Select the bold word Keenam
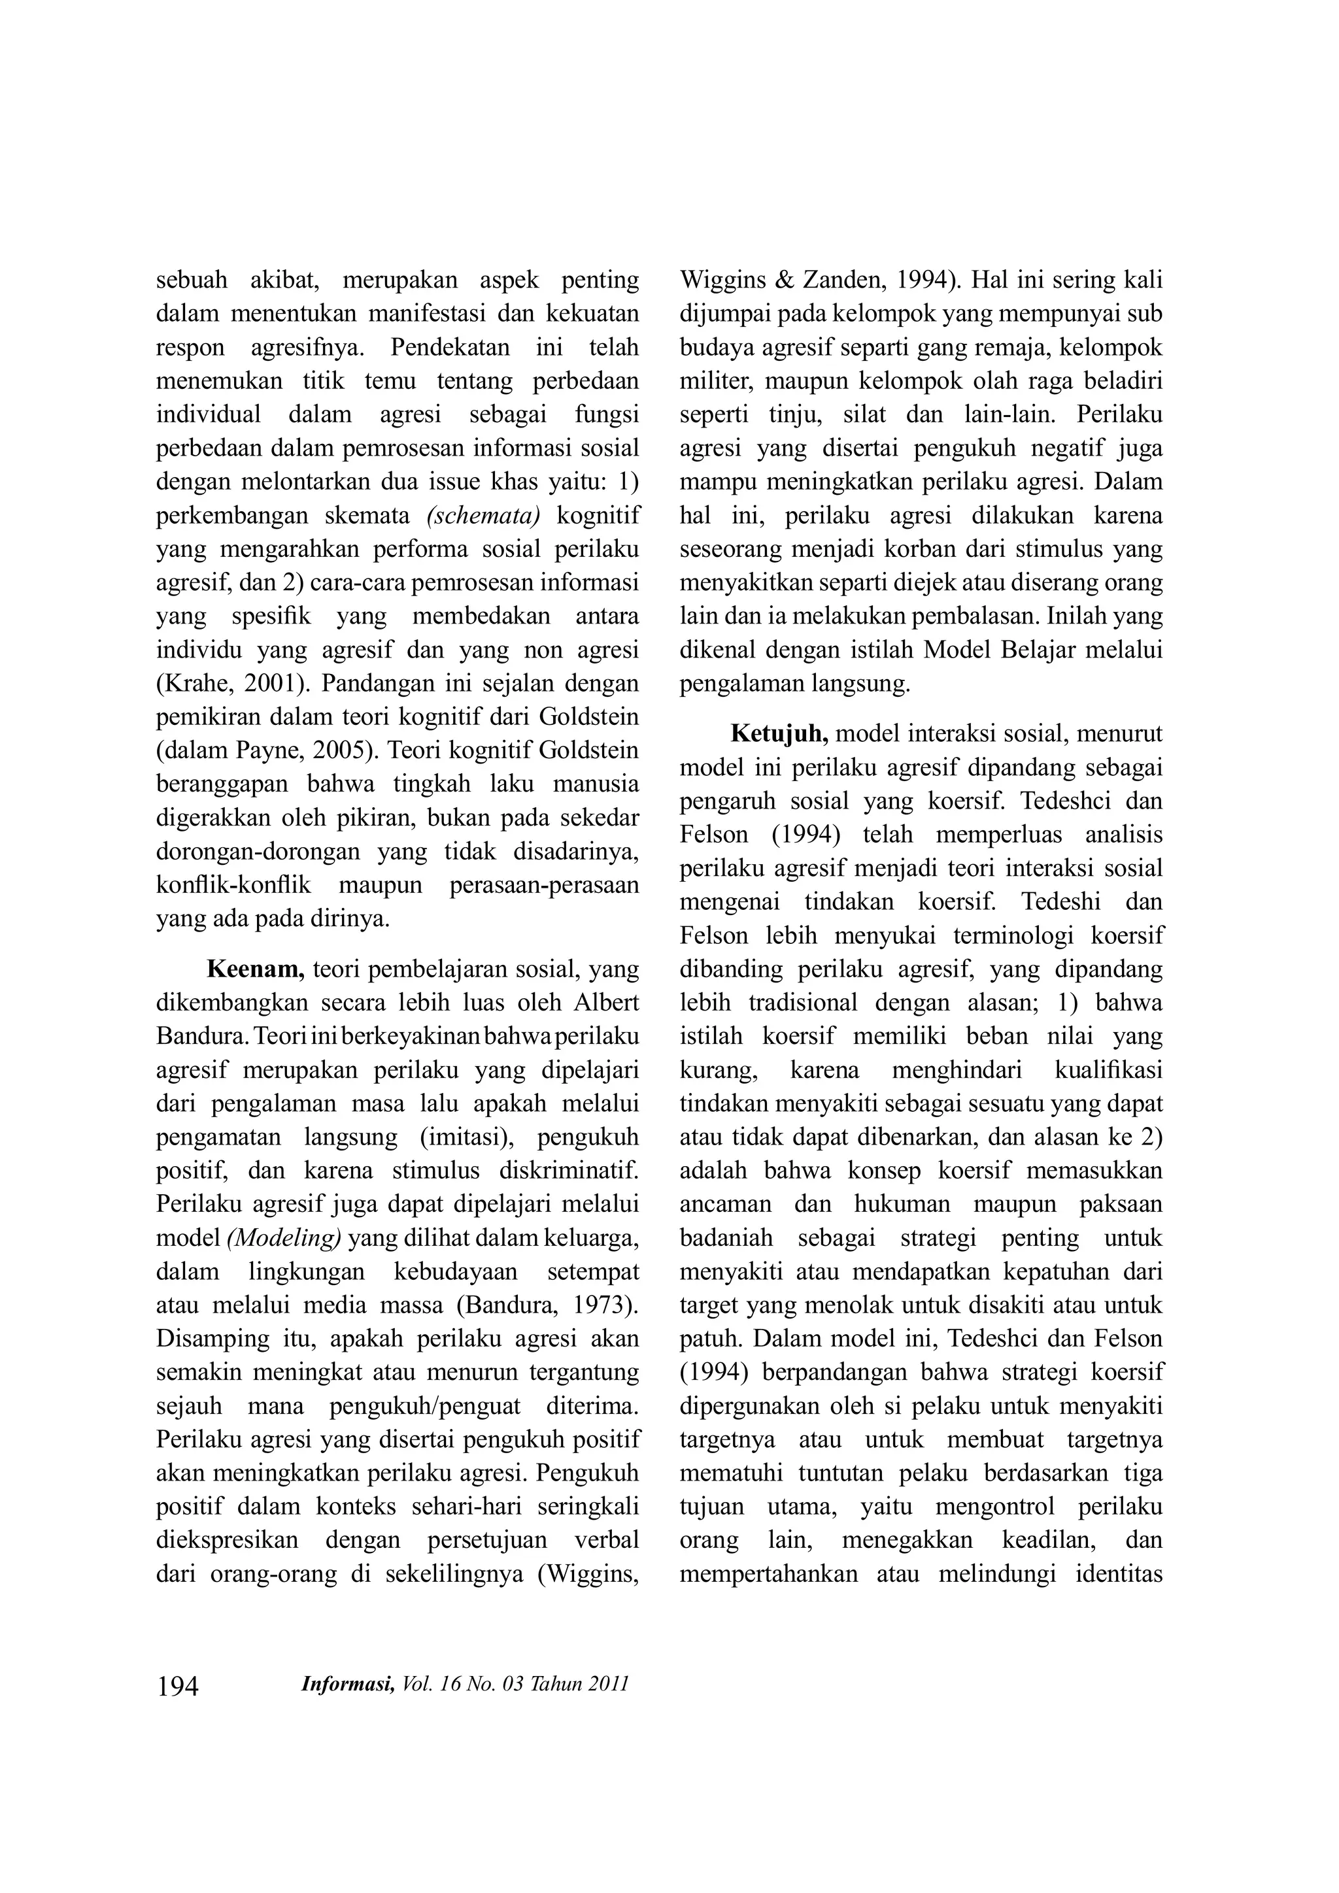point(256,969)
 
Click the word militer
point(713,381)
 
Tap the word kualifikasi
point(1108,1070)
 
